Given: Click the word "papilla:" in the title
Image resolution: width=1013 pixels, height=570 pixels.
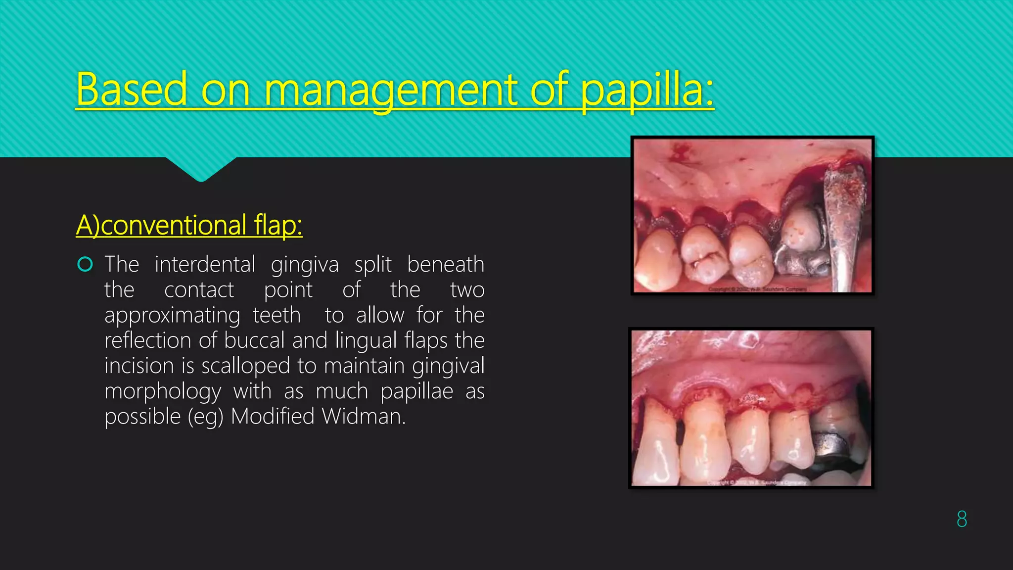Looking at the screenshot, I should (647, 90).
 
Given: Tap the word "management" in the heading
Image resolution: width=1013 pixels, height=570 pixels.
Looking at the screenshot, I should (390, 90).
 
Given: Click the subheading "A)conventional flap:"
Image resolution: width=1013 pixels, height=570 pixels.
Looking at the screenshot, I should (189, 225).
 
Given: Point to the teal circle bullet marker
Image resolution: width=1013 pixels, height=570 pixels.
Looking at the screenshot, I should (85, 265).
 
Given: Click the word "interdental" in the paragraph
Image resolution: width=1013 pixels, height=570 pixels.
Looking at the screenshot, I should (205, 264).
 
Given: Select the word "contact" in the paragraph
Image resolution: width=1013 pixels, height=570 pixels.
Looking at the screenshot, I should (199, 290).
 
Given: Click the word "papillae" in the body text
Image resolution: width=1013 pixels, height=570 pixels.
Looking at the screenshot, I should (416, 392).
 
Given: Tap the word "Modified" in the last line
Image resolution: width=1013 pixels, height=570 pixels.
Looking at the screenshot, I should (273, 417).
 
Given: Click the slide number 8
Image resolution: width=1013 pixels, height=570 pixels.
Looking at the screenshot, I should (962, 519).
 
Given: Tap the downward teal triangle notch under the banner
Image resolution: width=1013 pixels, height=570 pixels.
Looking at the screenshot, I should (201, 169).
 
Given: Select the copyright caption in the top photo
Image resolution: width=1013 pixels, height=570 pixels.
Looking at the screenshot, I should (757, 289).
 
